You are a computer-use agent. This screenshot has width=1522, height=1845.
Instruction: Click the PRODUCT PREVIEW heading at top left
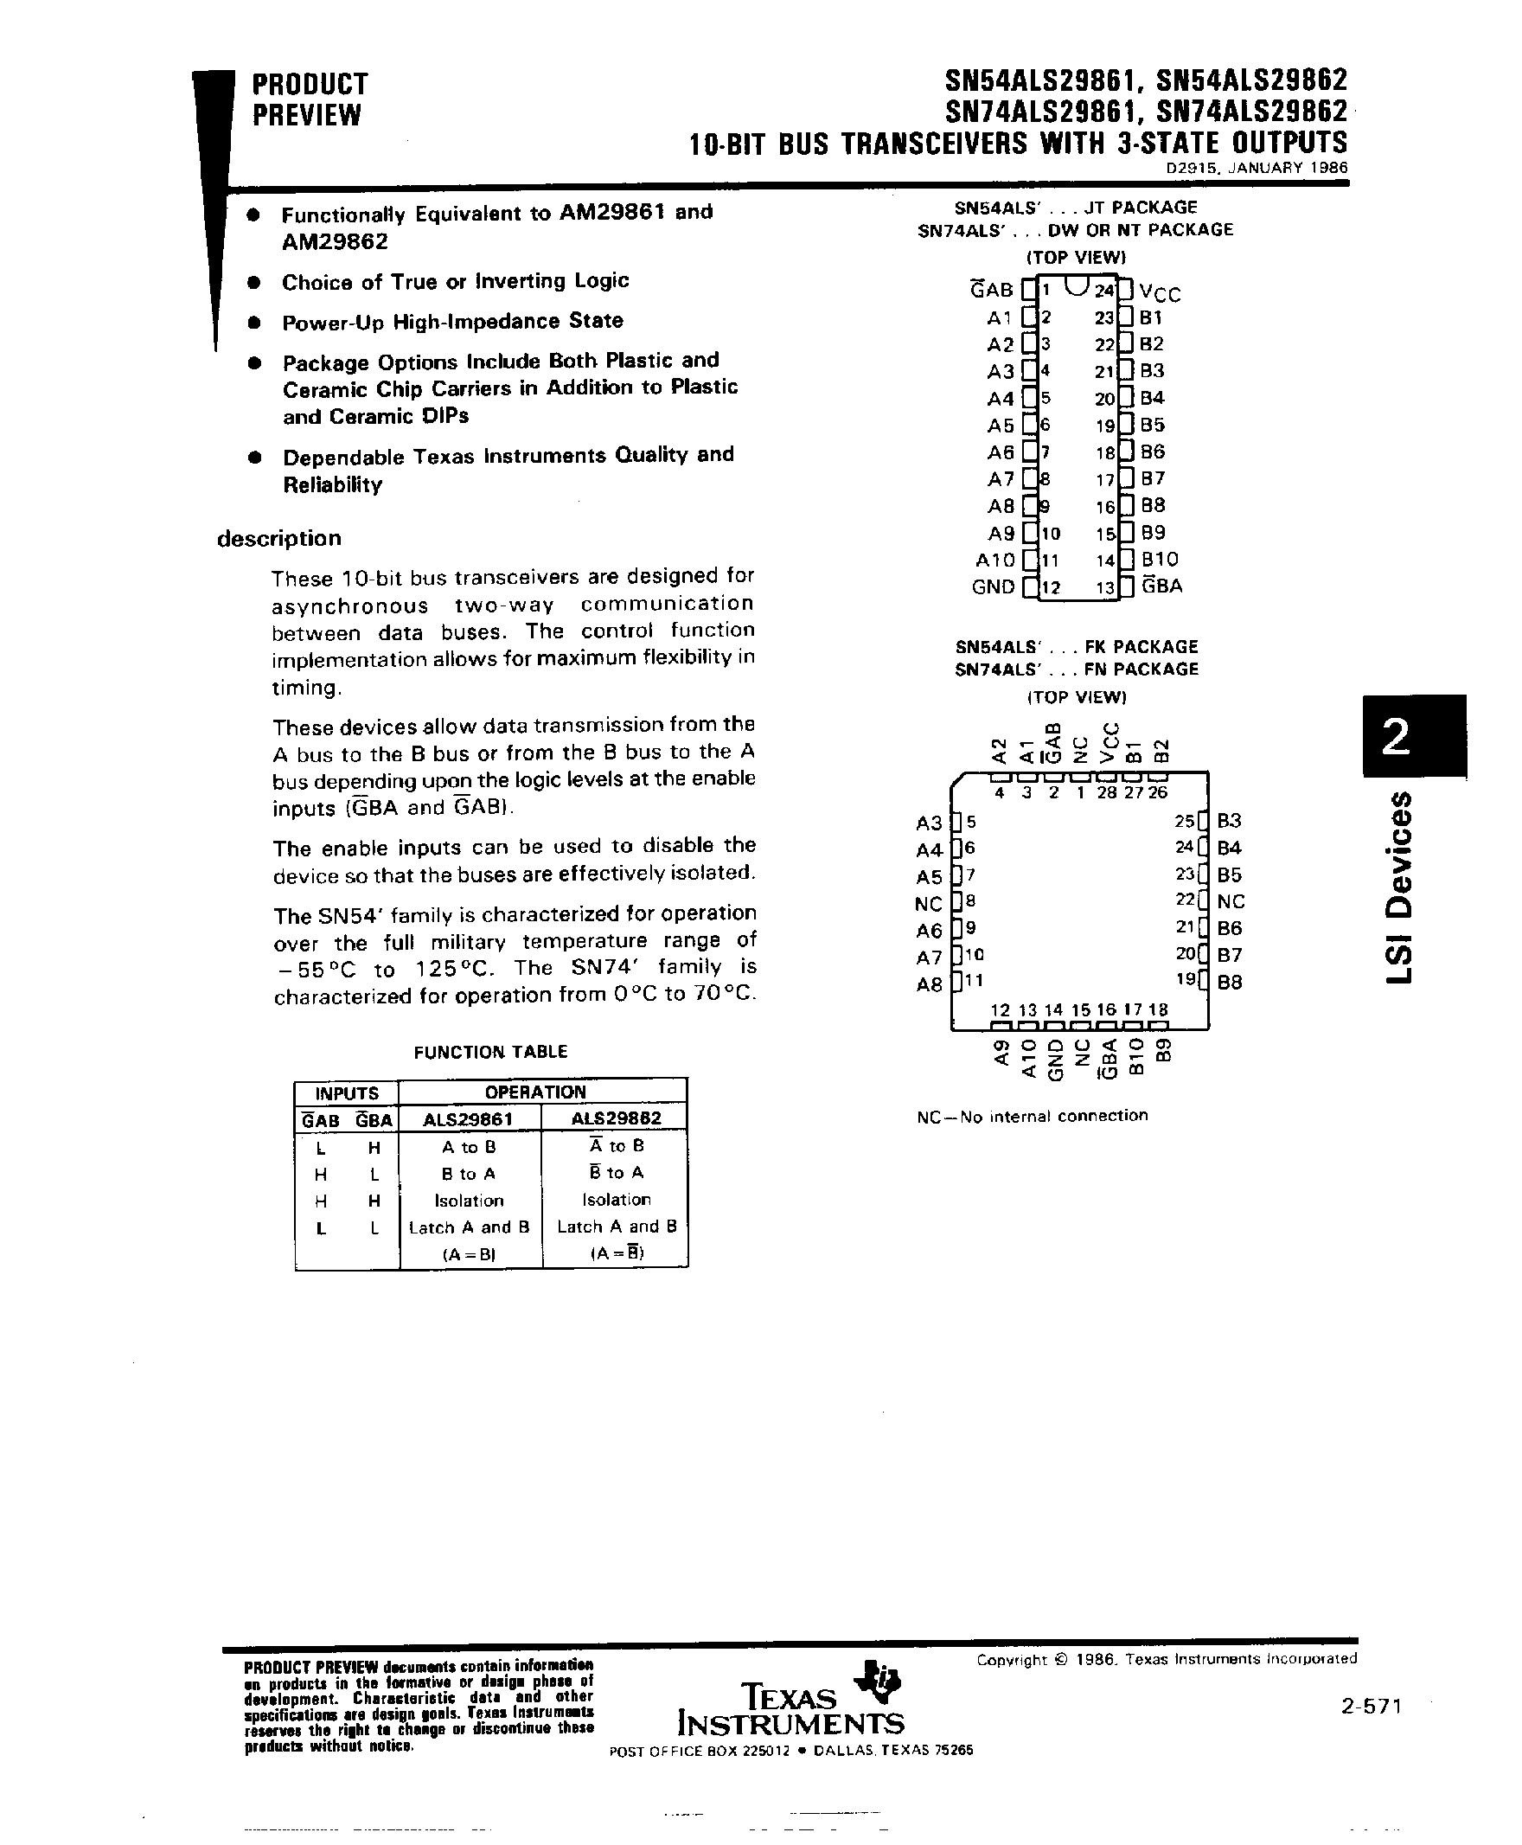[x=310, y=99]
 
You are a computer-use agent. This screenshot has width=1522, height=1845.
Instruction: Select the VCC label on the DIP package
[x=1159, y=294]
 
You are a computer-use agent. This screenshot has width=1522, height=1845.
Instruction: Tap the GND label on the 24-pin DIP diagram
[x=993, y=587]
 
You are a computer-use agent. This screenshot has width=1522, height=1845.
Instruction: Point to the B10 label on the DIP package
[x=1159, y=560]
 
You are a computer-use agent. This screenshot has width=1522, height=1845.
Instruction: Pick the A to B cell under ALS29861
[x=469, y=1147]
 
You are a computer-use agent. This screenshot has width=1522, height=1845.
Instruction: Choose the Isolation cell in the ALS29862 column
[x=617, y=1200]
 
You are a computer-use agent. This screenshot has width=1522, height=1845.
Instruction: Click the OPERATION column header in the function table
[x=534, y=1092]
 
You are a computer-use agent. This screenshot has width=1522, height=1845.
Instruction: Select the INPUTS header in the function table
[x=346, y=1093]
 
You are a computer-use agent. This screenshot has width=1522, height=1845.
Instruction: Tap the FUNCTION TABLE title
[x=490, y=1052]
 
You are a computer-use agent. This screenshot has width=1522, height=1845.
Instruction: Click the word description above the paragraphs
[x=278, y=538]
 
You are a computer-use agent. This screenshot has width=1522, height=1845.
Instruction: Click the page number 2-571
[x=1372, y=1706]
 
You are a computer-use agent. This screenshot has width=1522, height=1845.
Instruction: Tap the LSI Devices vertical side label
[x=1401, y=886]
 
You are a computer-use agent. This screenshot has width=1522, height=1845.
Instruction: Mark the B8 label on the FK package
[x=1229, y=982]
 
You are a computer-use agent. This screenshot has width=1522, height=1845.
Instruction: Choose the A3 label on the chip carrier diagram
[x=929, y=823]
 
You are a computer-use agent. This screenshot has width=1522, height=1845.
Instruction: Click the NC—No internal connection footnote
[x=1032, y=1117]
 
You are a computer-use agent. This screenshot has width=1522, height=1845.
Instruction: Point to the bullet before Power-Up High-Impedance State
[x=254, y=323]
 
